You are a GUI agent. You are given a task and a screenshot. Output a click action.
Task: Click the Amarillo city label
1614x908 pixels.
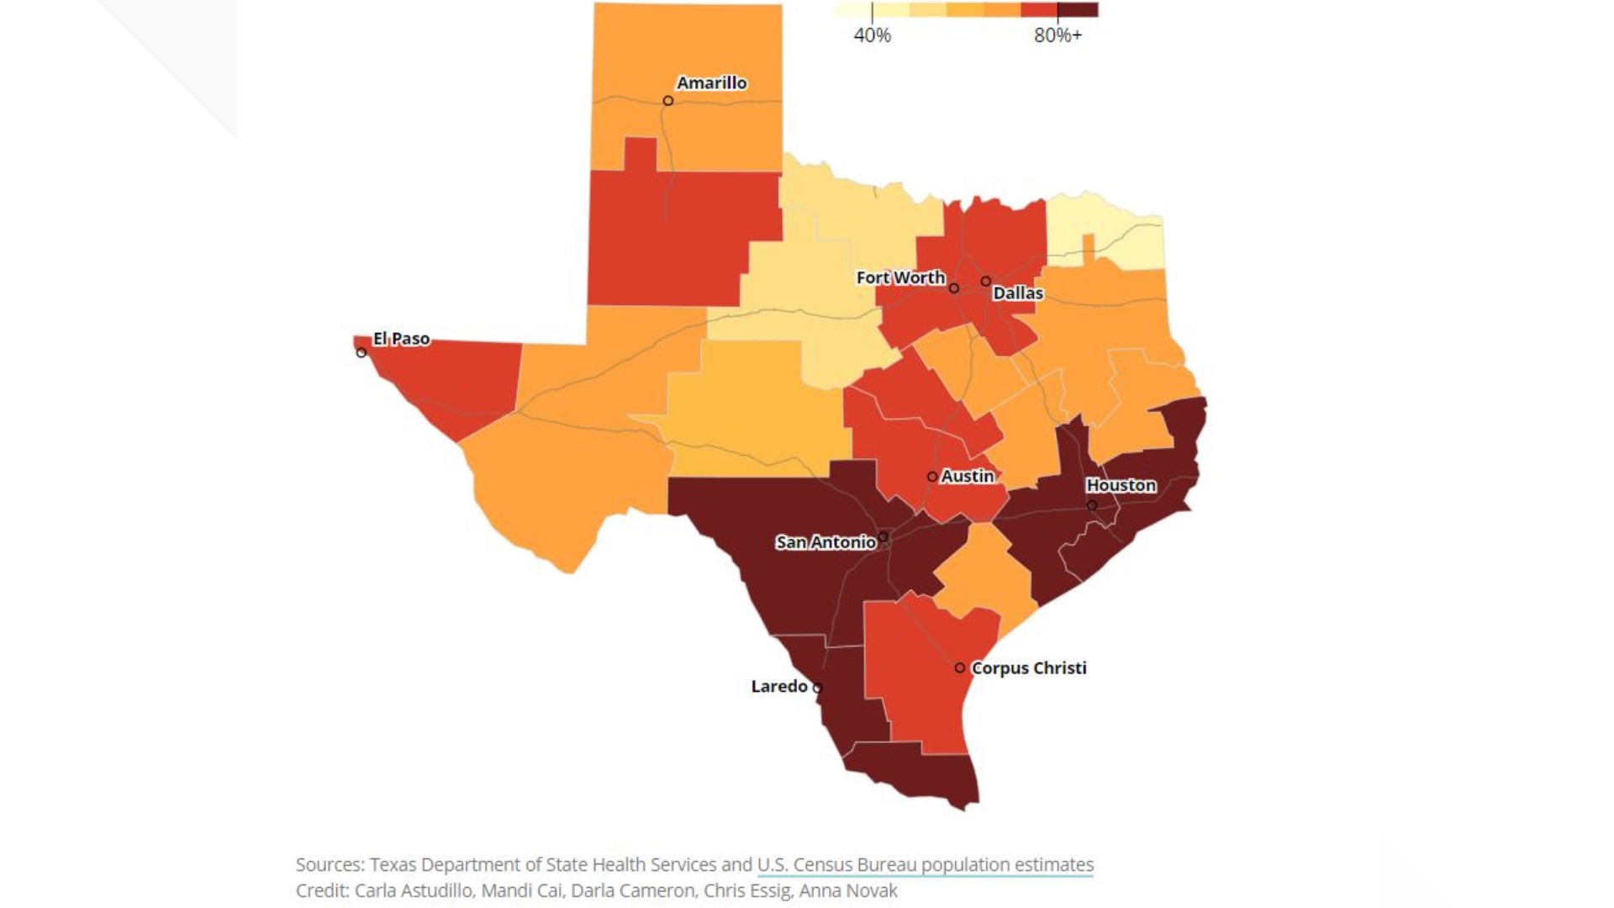(711, 82)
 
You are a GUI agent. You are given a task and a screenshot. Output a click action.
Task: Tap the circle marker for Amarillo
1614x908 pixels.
(667, 101)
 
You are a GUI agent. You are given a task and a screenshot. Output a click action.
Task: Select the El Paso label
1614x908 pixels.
(401, 338)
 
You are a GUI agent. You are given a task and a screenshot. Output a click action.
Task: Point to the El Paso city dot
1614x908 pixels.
(361, 352)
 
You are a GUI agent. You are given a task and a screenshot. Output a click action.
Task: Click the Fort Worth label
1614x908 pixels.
(900, 277)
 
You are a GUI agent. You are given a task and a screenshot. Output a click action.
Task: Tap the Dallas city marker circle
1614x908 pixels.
(986, 281)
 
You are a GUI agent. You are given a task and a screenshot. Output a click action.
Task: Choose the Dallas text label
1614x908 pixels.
(1017, 293)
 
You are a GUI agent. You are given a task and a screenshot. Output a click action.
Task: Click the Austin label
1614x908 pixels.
(967, 476)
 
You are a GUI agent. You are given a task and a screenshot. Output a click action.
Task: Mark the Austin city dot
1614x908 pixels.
(932, 477)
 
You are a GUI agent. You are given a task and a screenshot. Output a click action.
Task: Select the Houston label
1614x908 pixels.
(1121, 485)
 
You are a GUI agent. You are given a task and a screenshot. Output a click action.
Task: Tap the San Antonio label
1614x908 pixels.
(825, 542)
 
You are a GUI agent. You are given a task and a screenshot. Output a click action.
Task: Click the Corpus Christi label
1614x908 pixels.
(1029, 668)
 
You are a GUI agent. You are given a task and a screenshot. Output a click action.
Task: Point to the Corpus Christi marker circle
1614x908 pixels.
(960, 668)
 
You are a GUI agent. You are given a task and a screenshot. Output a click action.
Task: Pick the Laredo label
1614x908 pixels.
(779, 686)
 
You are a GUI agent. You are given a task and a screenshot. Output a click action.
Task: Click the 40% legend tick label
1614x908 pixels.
(872, 35)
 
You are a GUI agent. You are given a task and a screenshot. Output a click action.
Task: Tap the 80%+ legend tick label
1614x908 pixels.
(1058, 35)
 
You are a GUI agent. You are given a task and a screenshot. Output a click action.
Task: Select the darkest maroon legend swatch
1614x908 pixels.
(1078, 10)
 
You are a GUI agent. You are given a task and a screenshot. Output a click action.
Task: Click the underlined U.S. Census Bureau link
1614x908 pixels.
(925, 864)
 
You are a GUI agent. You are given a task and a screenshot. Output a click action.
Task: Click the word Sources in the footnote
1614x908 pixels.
(328, 864)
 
